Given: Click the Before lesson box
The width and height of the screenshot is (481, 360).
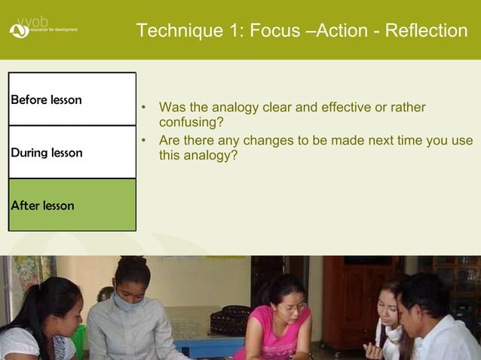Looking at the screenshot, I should pos(72,99).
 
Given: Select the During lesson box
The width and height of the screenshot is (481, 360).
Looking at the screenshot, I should pos(72,152).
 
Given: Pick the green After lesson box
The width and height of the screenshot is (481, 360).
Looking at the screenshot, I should pos(72,205).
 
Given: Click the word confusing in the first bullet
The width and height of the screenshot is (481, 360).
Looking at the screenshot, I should pos(191,121).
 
